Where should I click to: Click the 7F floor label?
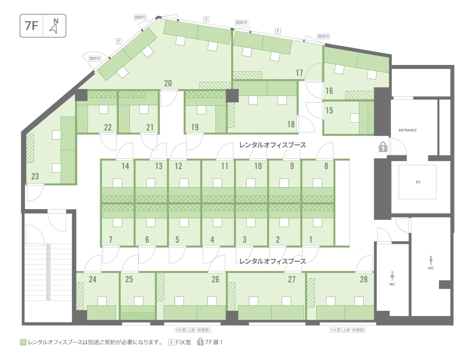31,26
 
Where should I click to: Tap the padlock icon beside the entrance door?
383,147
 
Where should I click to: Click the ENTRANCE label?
407,130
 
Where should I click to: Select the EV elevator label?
418,182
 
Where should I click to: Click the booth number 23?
35,176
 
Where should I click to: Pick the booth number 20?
168,83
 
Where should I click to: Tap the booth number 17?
299,73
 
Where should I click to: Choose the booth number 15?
329,110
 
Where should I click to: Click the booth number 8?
326,166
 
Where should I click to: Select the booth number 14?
125,166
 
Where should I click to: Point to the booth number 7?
110,240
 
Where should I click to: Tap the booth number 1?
311,240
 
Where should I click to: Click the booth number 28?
364,279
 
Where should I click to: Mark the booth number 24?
93,279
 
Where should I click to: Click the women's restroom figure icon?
392,276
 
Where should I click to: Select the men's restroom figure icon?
431,261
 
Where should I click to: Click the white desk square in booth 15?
354,118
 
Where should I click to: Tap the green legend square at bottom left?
23,342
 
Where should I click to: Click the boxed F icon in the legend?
171,342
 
